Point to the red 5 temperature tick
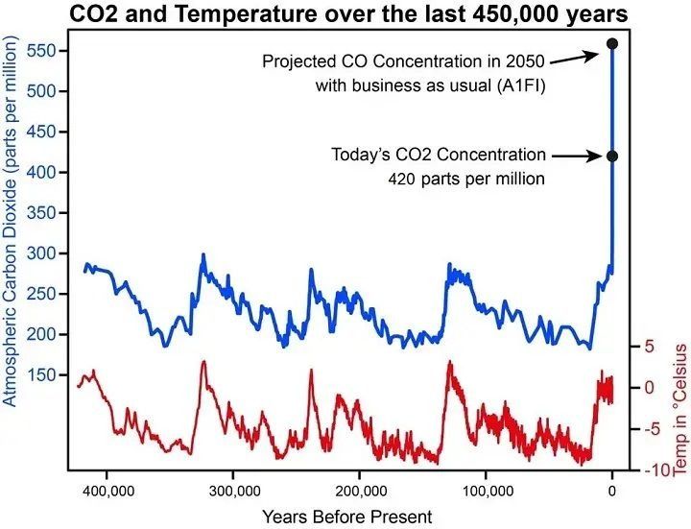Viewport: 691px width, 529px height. [648, 347]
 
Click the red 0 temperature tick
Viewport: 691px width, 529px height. [648, 388]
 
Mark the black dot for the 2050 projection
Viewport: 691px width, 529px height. [612, 43]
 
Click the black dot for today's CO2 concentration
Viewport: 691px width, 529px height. [612, 156]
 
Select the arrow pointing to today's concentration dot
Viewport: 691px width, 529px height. [576, 155]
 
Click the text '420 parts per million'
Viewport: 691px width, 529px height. [467, 180]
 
